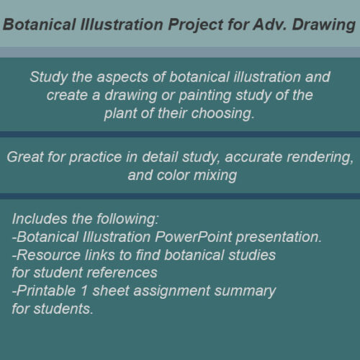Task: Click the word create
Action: click(x=68, y=95)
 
